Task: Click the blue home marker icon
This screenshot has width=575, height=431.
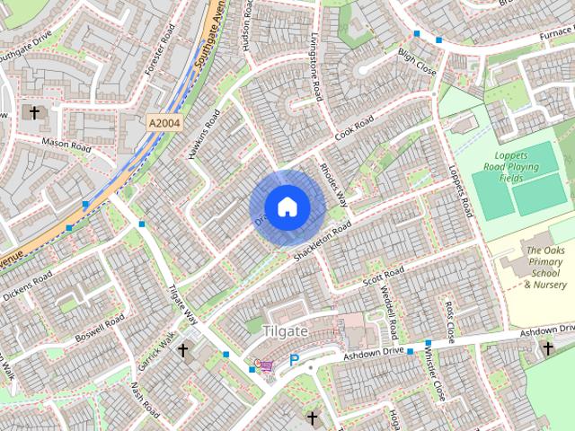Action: point(287,207)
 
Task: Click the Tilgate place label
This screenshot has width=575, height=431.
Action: point(285,331)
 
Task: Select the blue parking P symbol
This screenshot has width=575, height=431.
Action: point(294,361)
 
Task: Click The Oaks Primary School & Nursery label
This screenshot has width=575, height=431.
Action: point(545,267)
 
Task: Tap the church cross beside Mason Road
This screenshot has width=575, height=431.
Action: point(35,113)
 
